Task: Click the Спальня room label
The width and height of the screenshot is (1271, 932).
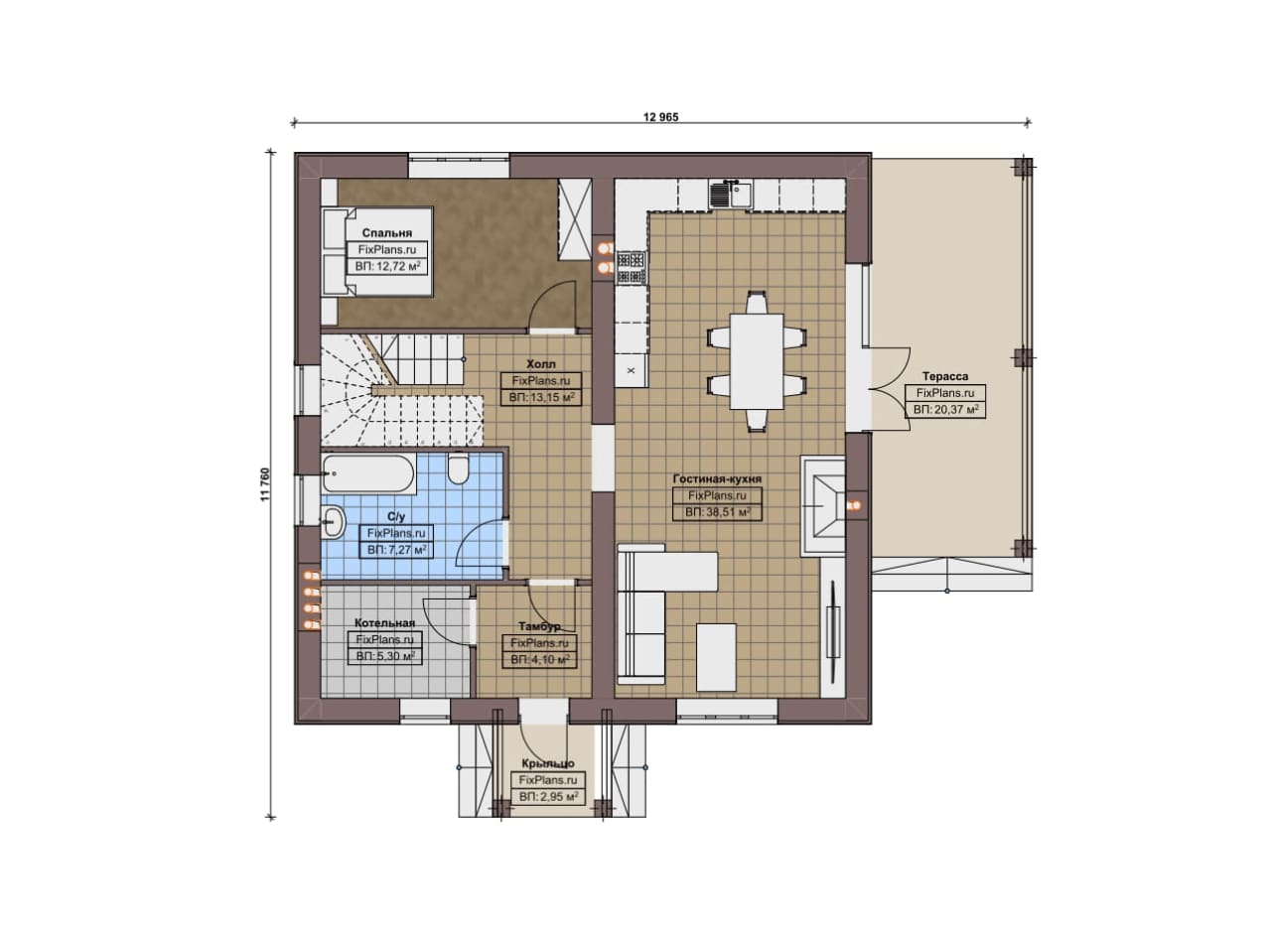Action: pyautogui.click(x=387, y=232)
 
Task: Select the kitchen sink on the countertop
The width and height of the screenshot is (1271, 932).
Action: pyautogui.click(x=731, y=195)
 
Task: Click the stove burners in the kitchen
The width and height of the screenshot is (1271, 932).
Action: pyautogui.click(x=631, y=268)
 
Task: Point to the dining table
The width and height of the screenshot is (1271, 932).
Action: pyautogui.click(x=757, y=361)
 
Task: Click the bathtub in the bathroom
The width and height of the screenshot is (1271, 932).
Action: pyautogui.click(x=368, y=474)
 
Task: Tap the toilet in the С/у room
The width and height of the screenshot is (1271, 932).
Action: pyautogui.click(x=459, y=468)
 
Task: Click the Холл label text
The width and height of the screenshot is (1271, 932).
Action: pyautogui.click(x=541, y=364)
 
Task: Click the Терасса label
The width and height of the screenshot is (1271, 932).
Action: pyautogui.click(x=945, y=376)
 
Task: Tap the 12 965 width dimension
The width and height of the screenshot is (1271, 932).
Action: pyautogui.click(x=660, y=117)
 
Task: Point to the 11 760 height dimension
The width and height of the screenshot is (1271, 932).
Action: pyautogui.click(x=265, y=485)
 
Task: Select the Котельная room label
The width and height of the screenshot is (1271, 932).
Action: pyautogui.click(x=384, y=623)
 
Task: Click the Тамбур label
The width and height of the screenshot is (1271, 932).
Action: pyautogui.click(x=539, y=626)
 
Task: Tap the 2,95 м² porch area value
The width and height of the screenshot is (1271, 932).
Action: pyautogui.click(x=549, y=796)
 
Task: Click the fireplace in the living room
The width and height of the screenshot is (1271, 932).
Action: pyautogui.click(x=823, y=505)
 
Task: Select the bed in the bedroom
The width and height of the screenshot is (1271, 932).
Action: pyautogui.click(x=377, y=252)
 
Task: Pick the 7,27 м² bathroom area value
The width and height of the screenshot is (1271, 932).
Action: pyautogui.click(x=396, y=550)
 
